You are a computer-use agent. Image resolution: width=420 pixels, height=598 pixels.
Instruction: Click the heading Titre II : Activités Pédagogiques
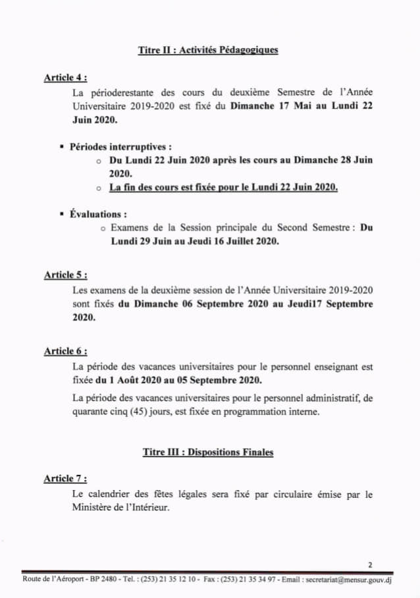point(208,50)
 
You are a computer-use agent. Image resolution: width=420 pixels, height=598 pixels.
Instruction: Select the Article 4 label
point(65,78)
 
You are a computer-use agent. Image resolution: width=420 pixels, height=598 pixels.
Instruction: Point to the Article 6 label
point(65,351)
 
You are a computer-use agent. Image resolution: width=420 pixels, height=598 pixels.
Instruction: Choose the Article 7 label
point(65,478)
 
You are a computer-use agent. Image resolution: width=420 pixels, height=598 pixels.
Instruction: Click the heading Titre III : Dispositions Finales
point(208,452)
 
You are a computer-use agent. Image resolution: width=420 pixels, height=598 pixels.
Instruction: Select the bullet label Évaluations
point(98,214)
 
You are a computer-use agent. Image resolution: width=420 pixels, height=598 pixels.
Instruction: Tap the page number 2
point(370,564)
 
